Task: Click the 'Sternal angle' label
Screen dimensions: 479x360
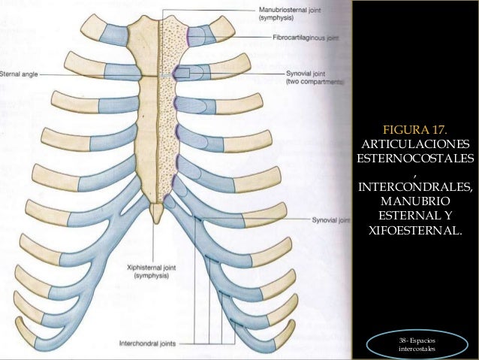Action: click(19, 74)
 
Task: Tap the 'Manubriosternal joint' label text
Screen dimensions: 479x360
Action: click(290, 10)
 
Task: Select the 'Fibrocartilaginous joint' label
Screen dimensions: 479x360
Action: click(306, 38)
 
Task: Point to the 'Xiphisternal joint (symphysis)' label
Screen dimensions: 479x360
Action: click(152, 271)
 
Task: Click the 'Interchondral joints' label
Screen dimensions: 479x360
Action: click(148, 343)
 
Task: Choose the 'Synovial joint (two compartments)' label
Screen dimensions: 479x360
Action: click(315, 77)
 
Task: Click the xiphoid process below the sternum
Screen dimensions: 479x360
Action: click(157, 213)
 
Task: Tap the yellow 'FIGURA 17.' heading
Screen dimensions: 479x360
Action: click(415, 130)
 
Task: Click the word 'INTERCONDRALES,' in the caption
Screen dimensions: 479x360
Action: click(415, 186)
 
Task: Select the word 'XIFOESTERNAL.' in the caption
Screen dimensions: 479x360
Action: click(415, 230)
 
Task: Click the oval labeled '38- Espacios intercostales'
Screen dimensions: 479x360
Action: click(417, 344)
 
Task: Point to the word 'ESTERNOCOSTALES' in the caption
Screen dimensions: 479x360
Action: click(415, 158)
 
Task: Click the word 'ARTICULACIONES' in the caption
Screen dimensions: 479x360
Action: click(415, 144)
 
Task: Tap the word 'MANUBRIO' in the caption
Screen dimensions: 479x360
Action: click(415, 201)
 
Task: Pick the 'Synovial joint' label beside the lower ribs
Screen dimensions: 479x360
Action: click(330, 220)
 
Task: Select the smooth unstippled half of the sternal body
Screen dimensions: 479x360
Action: click(149, 138)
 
